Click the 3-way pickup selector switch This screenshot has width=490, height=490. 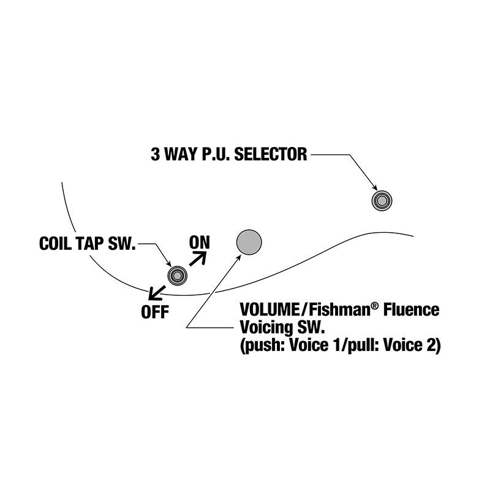point(382,201)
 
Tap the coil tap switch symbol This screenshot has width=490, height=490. point(177,275)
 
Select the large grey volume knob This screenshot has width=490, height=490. point(249,242)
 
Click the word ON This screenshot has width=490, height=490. point(200,243)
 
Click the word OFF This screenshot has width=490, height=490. point(155,312)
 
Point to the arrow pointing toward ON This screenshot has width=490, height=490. point(197,258)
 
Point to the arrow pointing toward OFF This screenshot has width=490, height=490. point(157,293)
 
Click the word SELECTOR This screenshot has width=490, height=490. point(271,154)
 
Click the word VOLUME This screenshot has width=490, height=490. point(269,310)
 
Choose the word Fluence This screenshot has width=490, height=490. point(411,310)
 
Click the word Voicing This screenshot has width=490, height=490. point(266,328)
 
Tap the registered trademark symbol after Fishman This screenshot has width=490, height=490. point(374,306)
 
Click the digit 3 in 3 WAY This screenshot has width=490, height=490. point(155,154)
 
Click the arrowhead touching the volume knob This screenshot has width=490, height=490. point(239,257)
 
